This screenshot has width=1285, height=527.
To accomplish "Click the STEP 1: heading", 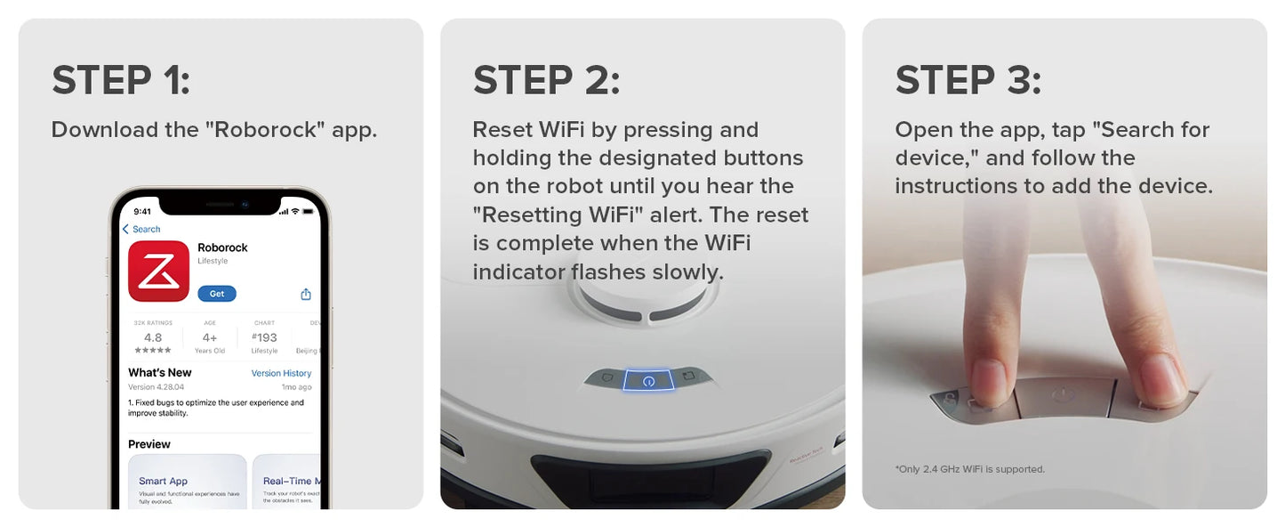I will pos(121,80).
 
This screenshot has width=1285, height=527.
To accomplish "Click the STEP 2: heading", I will pos(546,80).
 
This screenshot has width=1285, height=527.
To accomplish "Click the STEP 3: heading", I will pos(968,80).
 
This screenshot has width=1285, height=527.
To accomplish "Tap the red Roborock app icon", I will pos(158,272).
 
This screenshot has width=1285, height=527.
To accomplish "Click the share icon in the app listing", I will pos(306,294).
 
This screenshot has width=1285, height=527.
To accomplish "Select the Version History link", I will pos(281,373).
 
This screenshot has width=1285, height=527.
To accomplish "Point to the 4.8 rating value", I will pos(153,337).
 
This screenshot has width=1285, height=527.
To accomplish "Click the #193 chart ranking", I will pos(264,337).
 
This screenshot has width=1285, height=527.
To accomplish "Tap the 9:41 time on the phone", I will pos(142,211).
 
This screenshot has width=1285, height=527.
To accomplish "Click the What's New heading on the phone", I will pos(160,372).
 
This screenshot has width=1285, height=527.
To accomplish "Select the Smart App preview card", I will pos(188,482).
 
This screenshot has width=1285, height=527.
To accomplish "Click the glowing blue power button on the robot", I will pos(648,380).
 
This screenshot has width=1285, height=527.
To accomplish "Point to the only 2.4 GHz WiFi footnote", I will pos(969,469).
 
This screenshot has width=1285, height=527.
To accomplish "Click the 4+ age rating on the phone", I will pos(210,337).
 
